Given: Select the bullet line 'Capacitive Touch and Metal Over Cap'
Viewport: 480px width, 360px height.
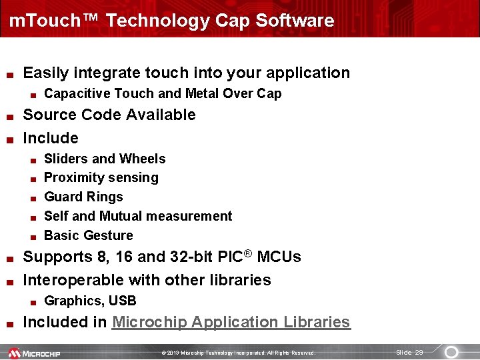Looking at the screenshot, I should point(163,94).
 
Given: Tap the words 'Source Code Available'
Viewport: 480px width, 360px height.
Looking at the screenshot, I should point(109,115).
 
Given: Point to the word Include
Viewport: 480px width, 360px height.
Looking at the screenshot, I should point(51,138).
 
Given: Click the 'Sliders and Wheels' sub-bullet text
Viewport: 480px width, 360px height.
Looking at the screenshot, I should point(105,159).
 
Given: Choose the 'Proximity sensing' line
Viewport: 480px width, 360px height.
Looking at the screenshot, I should point(101,178).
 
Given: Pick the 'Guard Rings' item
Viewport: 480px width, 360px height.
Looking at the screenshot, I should point(83,197).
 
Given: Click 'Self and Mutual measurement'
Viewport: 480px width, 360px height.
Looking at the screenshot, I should point(138,216).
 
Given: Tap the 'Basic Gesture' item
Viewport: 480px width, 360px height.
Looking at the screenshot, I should point(89,235).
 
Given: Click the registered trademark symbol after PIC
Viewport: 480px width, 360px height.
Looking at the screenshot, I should point(248,253).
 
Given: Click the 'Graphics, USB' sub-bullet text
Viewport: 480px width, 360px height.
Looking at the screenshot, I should point(90,301).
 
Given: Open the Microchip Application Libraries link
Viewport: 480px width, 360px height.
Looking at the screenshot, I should point(231,323).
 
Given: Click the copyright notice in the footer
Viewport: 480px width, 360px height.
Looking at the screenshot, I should point(238,353).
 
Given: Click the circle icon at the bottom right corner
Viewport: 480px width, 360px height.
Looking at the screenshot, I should point(451,352).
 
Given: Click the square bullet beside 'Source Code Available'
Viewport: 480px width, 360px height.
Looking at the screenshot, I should point(9,116).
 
